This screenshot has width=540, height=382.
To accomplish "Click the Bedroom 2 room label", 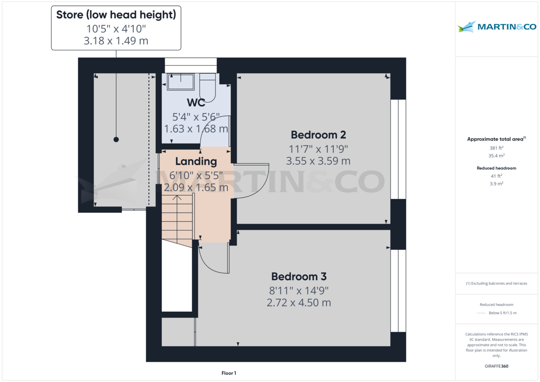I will point(318,135).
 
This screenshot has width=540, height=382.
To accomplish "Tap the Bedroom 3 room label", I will point(299,276).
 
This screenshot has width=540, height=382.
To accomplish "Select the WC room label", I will point(196,102).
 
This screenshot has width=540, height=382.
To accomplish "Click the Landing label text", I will point(196,161).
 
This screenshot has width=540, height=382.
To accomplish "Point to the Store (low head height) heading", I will point(116,15).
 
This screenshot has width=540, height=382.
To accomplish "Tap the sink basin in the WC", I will point(180,81).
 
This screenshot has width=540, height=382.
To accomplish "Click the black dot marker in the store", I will point(116,139).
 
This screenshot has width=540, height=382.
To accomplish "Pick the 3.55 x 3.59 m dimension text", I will point(318,161).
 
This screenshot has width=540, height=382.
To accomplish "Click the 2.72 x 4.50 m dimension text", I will point(299,302).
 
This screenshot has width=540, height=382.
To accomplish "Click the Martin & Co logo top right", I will point(497,27).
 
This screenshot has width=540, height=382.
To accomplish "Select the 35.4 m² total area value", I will point(496,156).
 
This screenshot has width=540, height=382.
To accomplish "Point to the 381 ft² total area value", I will point(496,148).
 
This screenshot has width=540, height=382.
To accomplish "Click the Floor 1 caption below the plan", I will point(229,373).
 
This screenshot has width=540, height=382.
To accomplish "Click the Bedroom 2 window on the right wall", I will point(398,149).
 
